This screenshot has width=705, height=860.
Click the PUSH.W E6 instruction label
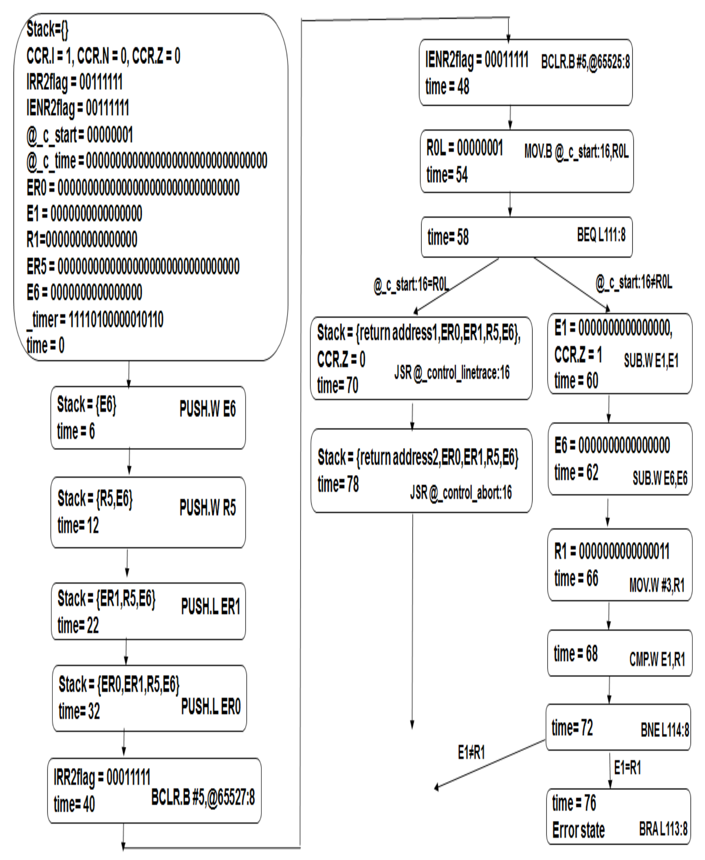click(x=208, y=409)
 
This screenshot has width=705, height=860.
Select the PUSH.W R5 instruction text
click(x=208, y=508)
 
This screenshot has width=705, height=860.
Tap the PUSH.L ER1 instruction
click(x=210, y=607)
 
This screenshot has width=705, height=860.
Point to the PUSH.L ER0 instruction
click(x=211, y=706)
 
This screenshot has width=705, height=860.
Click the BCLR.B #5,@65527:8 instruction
click(x=203, y=797)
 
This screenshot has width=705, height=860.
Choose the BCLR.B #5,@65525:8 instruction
click(x=585, y=62)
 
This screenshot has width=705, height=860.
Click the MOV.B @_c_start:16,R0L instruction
click(x=576, y=152)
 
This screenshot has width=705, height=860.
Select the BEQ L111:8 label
click(x=601, y=235)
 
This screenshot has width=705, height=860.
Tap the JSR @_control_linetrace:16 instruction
click(x=452, y=373)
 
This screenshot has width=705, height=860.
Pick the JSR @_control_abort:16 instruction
click(x=461, y=492)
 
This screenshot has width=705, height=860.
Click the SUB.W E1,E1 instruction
click(x=651, y=360)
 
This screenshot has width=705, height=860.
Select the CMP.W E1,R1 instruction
click(x=657, y=659)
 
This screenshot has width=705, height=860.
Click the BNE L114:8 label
click(x=665, y=730)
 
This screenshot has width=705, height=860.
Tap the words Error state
click(x=578, y=830)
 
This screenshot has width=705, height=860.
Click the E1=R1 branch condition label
click(x=627, y=768)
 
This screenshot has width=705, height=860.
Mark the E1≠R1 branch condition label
click(x=471, y=752)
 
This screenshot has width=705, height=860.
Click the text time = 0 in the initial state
click(x=46, y=346)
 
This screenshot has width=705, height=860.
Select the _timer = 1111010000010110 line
click(x=95, y=320)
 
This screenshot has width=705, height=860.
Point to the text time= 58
click(x=448, y=237)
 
